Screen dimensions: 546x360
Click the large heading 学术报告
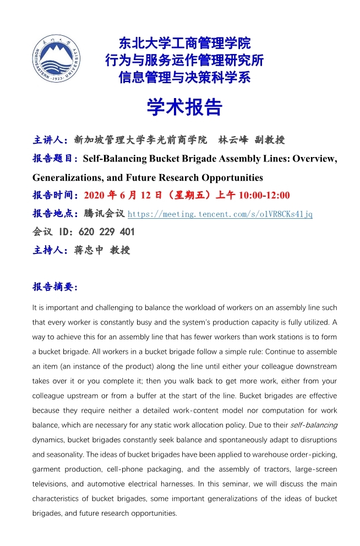click(x=184, y=107)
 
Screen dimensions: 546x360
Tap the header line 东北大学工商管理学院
click(x=184, y=42)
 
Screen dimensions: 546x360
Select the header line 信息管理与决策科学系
click(x=184, y=77)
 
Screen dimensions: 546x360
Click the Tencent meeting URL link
click(x=220, y=214)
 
